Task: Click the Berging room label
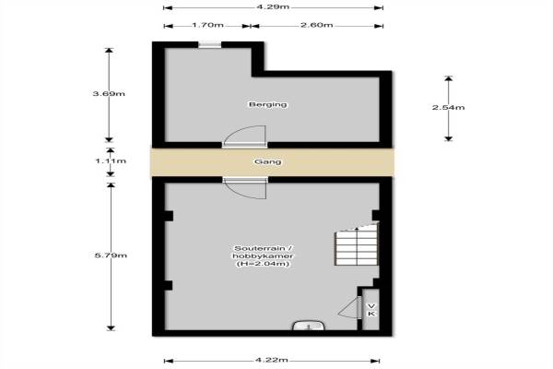pos(267,104)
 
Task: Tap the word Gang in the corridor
pos(268,161)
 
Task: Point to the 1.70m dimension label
pos(207,25)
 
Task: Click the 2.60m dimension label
pos(317,25)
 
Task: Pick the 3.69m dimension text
pos(109,93)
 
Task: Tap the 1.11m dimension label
pos(111,161)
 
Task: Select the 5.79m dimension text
pos(111,256)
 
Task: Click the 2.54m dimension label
pos(448,107)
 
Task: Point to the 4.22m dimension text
pos(272,360)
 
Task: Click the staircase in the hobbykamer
pos(356,244)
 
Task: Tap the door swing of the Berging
pos(245,136)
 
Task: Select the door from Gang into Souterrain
pos(245,188)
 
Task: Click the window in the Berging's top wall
pos(209,44)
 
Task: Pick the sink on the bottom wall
pos(309,326)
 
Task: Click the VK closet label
pos(371,310)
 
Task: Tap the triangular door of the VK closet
pos(349,308)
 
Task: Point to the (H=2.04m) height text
pos(263,264)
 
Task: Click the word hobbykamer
pos(263,256)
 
